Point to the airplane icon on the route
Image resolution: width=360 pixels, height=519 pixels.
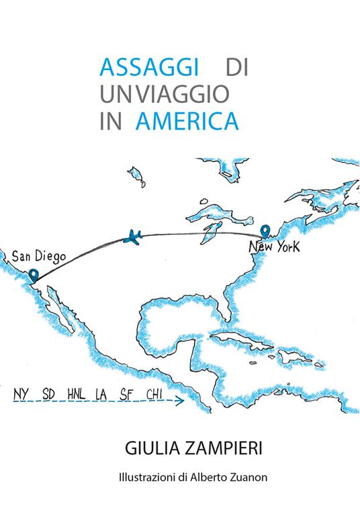coord(134,237)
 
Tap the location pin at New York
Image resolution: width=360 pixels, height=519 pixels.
coord(266,231)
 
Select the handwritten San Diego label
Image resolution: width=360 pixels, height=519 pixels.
coord(38,256)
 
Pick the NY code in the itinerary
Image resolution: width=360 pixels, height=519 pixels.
coord(21,393)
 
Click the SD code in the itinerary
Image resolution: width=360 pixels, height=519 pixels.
coord(48,393)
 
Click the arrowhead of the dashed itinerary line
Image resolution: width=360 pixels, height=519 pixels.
coord(181,402)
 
